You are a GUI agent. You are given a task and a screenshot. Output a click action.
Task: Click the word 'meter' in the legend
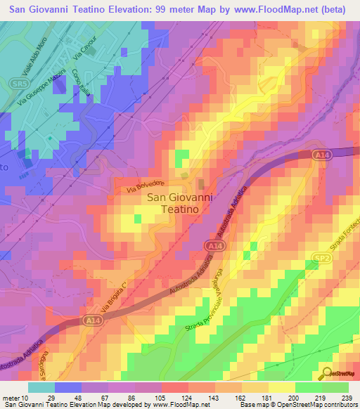(x=11, y=398)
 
